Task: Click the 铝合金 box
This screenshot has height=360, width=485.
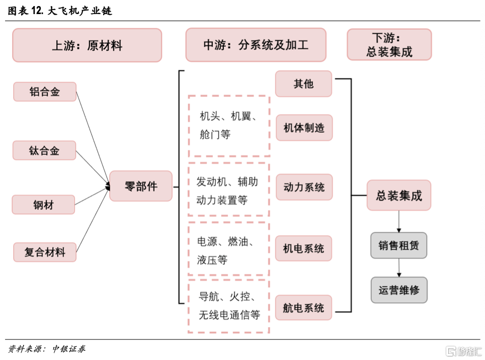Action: [45, 92]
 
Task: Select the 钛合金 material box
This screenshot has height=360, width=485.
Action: [44, 150]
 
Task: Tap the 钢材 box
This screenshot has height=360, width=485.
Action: [43, 205]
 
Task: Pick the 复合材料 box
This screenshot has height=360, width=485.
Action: [45, 252]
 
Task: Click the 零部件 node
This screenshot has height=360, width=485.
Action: [141, 186]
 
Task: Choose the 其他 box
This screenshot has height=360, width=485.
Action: [303, 84]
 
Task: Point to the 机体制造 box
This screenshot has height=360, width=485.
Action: [304, 128]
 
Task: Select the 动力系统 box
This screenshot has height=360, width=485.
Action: [304, 187]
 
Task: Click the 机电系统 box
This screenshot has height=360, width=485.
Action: [303, 248]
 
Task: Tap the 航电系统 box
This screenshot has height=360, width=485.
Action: [303, 308]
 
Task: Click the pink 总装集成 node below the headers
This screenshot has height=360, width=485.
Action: [398, 195]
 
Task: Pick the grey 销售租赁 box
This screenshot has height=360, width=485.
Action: [398, 245]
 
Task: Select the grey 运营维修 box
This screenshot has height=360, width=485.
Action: [399, 290]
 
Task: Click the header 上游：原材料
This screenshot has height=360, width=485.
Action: [87, 45]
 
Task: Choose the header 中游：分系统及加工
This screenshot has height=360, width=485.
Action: [256, 45]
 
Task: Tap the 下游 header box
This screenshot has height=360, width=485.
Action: [389, 45]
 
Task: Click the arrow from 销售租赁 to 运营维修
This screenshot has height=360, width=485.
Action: [399, 267]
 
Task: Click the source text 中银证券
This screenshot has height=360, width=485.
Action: [68, 349]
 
